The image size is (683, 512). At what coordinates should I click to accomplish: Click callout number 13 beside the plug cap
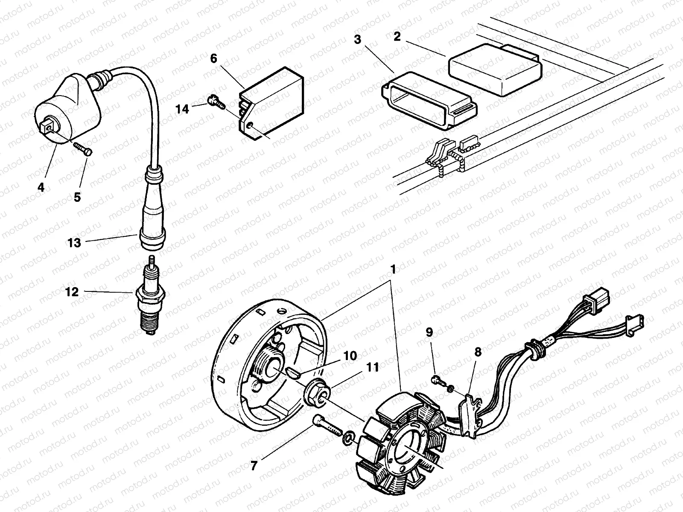(x=74, y=243)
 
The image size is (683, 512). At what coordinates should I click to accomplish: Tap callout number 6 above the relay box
(x=214, y=59)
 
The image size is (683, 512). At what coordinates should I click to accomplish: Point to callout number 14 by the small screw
(x=182, y=109)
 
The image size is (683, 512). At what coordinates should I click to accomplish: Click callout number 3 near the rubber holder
(x=357, y=40)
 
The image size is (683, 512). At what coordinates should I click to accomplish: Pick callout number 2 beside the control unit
(x=397, y=36)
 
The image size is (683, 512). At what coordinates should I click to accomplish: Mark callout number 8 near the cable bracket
(x=478, y=352)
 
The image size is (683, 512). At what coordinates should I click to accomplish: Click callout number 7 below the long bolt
(x=254, y=466)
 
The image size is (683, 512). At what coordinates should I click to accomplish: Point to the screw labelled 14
(x=214, y=102)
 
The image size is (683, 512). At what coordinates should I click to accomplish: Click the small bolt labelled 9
(x=438, y=379)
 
